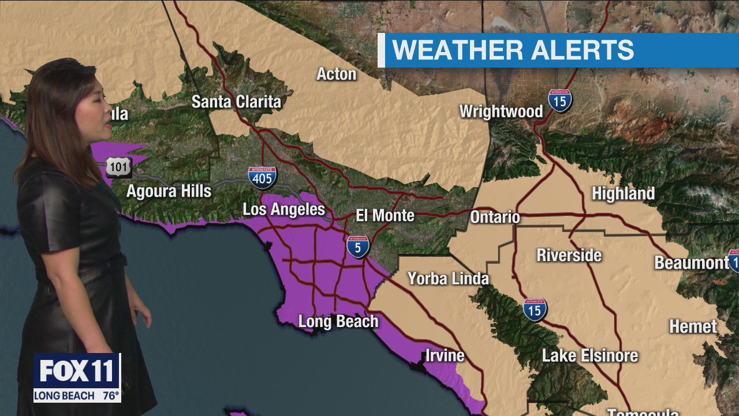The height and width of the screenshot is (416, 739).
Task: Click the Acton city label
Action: [337, 74]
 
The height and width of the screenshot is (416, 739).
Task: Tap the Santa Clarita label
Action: [236, 102]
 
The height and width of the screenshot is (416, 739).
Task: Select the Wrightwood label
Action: [501, 112]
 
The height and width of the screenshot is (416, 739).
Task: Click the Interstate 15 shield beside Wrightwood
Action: [560, 101]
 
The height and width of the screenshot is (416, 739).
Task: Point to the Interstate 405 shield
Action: [263, 178]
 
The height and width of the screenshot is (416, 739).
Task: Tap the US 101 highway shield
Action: [118, 167]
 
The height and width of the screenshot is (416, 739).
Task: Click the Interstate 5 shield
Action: [358, 247]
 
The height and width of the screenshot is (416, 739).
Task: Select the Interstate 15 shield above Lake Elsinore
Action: [535, 310]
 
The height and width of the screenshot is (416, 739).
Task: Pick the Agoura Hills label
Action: [169, 191]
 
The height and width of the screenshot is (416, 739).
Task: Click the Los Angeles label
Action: [283, 209]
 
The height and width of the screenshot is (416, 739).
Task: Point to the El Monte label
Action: [385, 216]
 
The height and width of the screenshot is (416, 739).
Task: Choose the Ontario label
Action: [495, 217]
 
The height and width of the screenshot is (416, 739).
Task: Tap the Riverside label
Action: [569, 255]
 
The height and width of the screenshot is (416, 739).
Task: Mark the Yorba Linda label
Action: [448, 279]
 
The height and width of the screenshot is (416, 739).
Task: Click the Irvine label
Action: [445, 355]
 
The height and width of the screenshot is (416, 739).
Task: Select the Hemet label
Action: [693, 326]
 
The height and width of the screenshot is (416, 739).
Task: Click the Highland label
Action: [623, 194]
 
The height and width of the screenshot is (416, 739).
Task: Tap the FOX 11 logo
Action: [77, 370]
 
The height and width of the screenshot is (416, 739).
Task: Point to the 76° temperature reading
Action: [110, 396]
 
